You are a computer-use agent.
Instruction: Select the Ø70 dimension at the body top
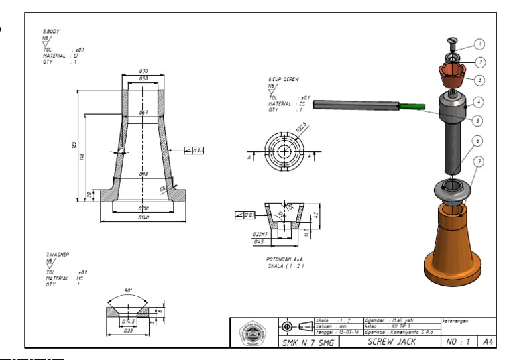point(142,70)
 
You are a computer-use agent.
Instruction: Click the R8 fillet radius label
point(162,188)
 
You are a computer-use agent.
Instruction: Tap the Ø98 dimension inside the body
point(143,174)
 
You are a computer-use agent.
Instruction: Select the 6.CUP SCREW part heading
point(283,79)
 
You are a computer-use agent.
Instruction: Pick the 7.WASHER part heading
point(57,254)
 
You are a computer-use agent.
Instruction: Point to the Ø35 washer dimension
point(129,330)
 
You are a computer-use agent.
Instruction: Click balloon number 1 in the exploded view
point(480,44)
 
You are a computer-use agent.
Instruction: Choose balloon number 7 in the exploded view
point(480,161)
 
